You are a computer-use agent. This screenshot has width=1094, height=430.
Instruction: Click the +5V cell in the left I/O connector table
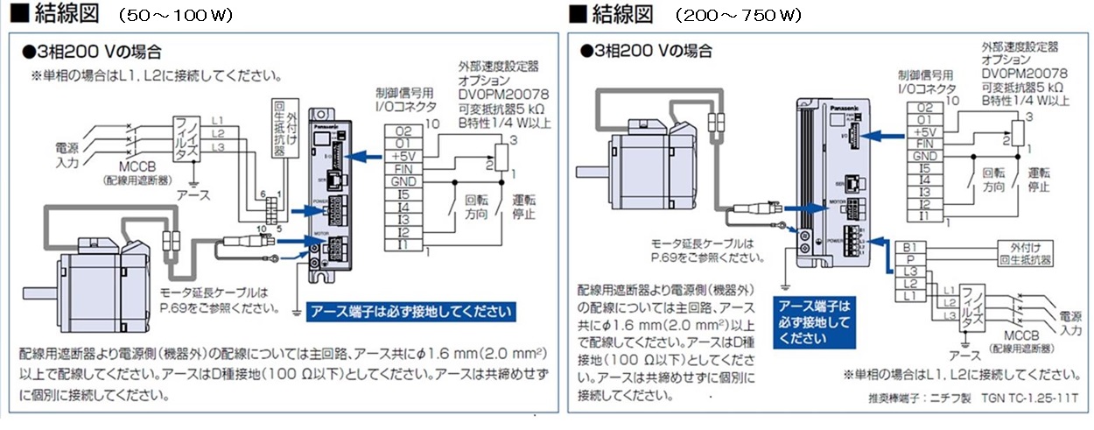[405, 155]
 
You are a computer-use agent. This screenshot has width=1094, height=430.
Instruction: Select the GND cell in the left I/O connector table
[405, 180]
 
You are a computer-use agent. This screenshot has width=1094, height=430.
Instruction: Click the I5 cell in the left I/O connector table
[405, 194]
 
